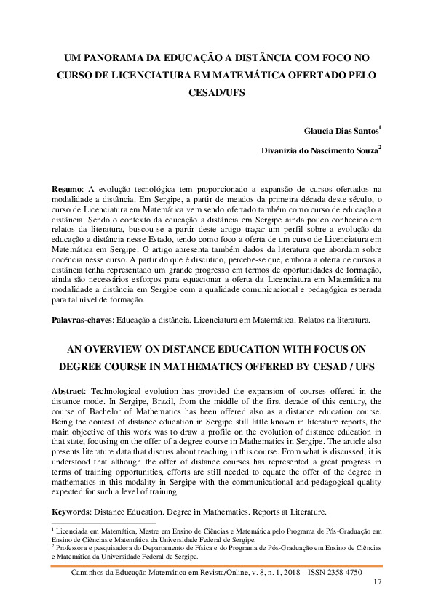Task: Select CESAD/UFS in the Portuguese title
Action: [x=216, y=93]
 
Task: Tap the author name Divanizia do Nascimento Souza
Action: [x=319, y=151]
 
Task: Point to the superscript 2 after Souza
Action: [x=380, y=148]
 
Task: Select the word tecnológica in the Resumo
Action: [x=154, y=188]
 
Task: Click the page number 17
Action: [x=376, y=583]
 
